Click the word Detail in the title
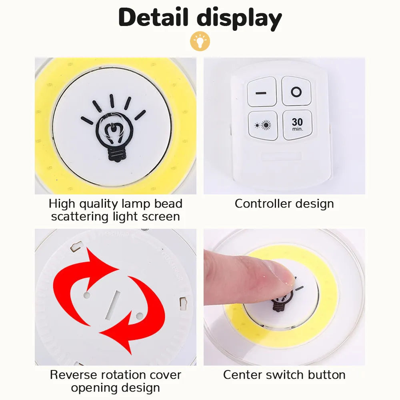[x=153, y=17]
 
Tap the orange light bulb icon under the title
[x=200, y=41]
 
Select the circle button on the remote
[x=296, y=91]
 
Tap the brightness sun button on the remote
[x=263, y=125]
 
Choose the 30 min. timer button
[x=298, y=125]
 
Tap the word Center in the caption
[x=242, y=375]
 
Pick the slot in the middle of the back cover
[x=112, y=305]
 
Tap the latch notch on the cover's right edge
[x=183, y=304]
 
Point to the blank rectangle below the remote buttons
[x=281, y=156]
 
